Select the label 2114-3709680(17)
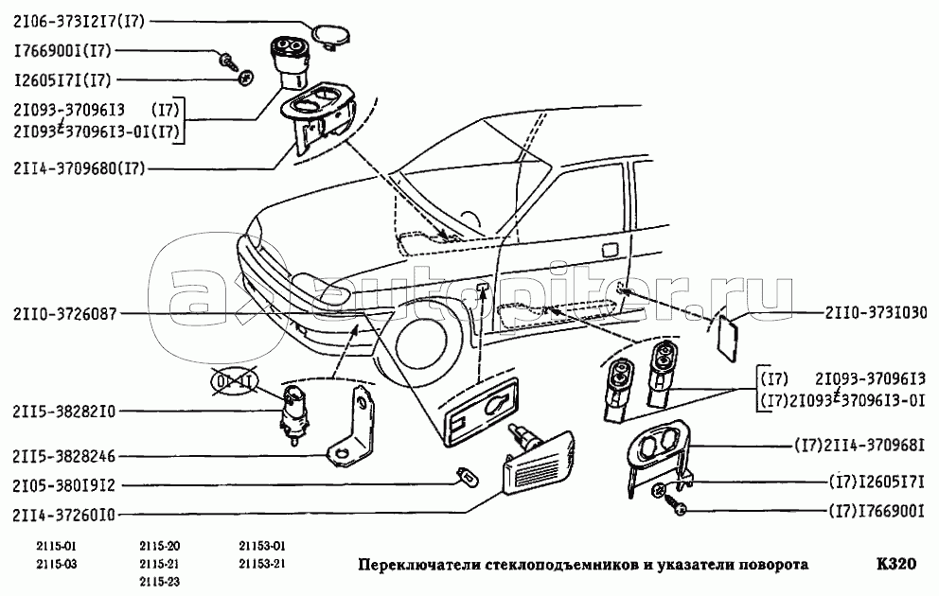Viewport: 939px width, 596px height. point(80,169)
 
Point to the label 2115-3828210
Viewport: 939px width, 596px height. point(63,412)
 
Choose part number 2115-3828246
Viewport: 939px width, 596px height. point(63,456)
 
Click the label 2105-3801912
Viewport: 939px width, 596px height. point(63,485)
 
